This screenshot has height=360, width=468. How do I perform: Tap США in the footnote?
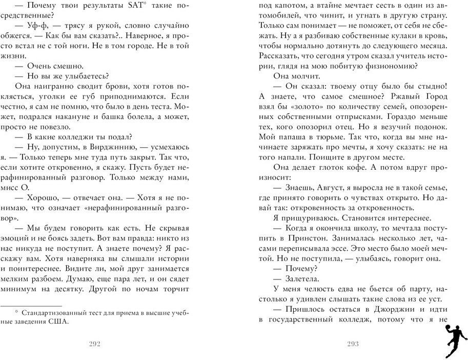tap(58, 323)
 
